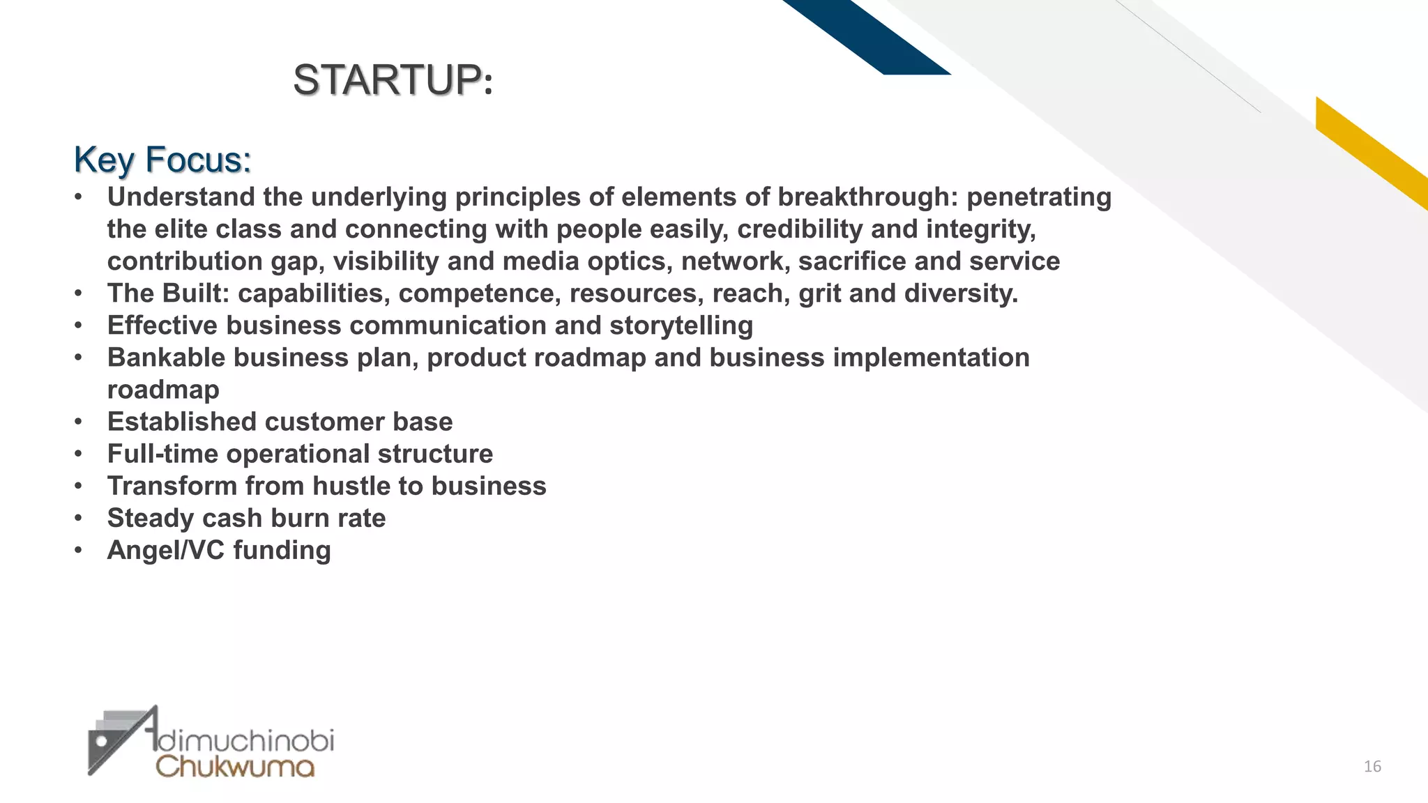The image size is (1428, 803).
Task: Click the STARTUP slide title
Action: pyautogui.click(x=393, y=79)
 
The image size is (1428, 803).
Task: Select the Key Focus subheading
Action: pyautogui.click(x=162, y=160)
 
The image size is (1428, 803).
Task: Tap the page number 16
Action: pyautogui.click(x=1372, y=767)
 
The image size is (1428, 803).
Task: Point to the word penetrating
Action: pyautogui.click(x=1039, y=197)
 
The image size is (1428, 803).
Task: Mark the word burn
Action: pyautogui.click(x=296, y=518)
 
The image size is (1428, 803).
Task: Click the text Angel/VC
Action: pyautogui.click(x=165, y=550)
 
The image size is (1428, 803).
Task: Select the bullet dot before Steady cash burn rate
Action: pyautogui.click(x=79, y=518)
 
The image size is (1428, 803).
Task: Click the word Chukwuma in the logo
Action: pyautogui.click(x=235, y=766)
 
